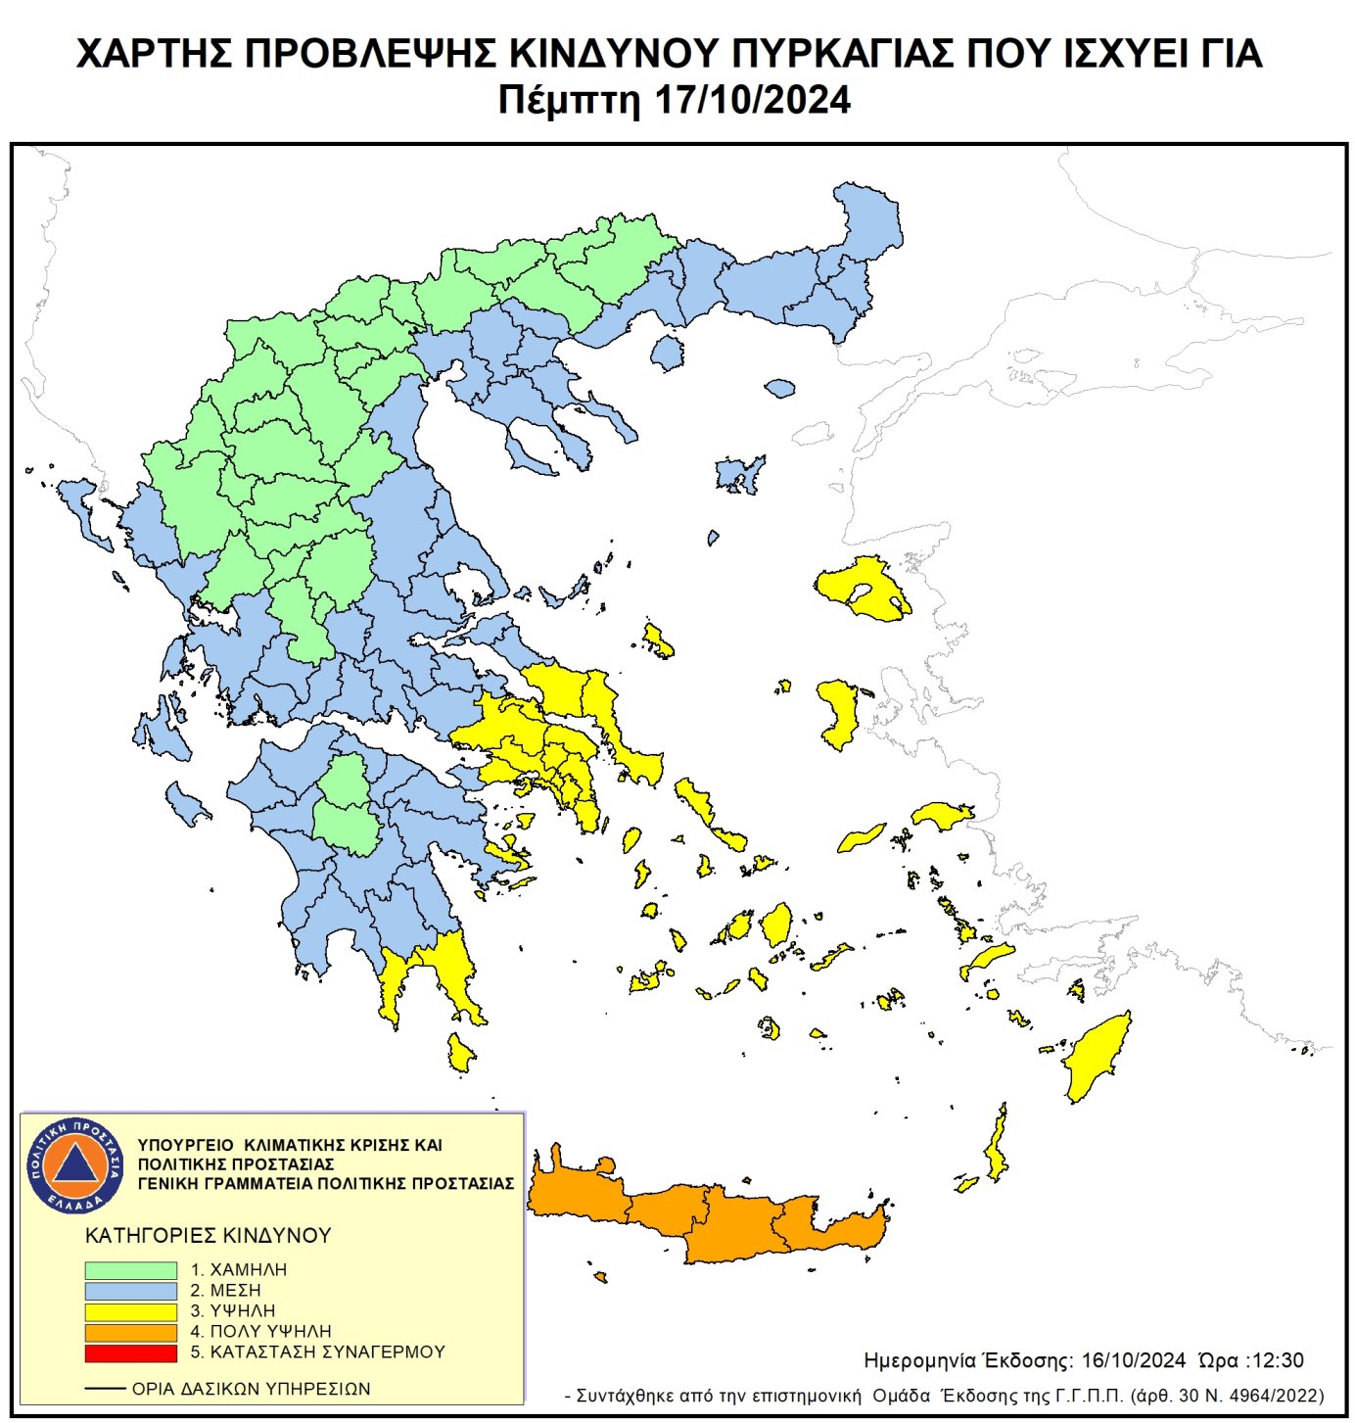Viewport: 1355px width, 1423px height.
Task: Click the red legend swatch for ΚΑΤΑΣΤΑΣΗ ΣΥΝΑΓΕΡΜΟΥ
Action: (130, 1352)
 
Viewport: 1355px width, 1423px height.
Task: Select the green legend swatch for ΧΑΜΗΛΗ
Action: (130, 1269)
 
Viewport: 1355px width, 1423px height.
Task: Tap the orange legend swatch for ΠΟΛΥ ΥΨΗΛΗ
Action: (130, 1332)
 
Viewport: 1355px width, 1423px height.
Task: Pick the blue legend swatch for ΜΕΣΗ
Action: (130, 1290)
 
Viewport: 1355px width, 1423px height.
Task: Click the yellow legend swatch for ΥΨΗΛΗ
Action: (130, 1311)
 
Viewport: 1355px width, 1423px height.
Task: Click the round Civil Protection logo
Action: (75, 1164)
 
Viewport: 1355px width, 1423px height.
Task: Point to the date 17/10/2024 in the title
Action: (751, 100)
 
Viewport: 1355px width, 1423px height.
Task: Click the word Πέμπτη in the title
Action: (568, 100)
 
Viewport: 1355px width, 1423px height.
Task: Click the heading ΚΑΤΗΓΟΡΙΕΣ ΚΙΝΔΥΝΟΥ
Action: (208, 1235)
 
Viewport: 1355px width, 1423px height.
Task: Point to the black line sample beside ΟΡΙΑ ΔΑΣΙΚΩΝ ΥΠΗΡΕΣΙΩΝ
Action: (105, 1389)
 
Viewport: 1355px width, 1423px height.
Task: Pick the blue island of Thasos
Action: (667, 353)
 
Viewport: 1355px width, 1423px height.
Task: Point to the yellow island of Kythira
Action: (459, 1054)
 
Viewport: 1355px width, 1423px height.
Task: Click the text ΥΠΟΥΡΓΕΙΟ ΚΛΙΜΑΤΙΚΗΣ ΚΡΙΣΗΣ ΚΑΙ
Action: (290, 1145)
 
